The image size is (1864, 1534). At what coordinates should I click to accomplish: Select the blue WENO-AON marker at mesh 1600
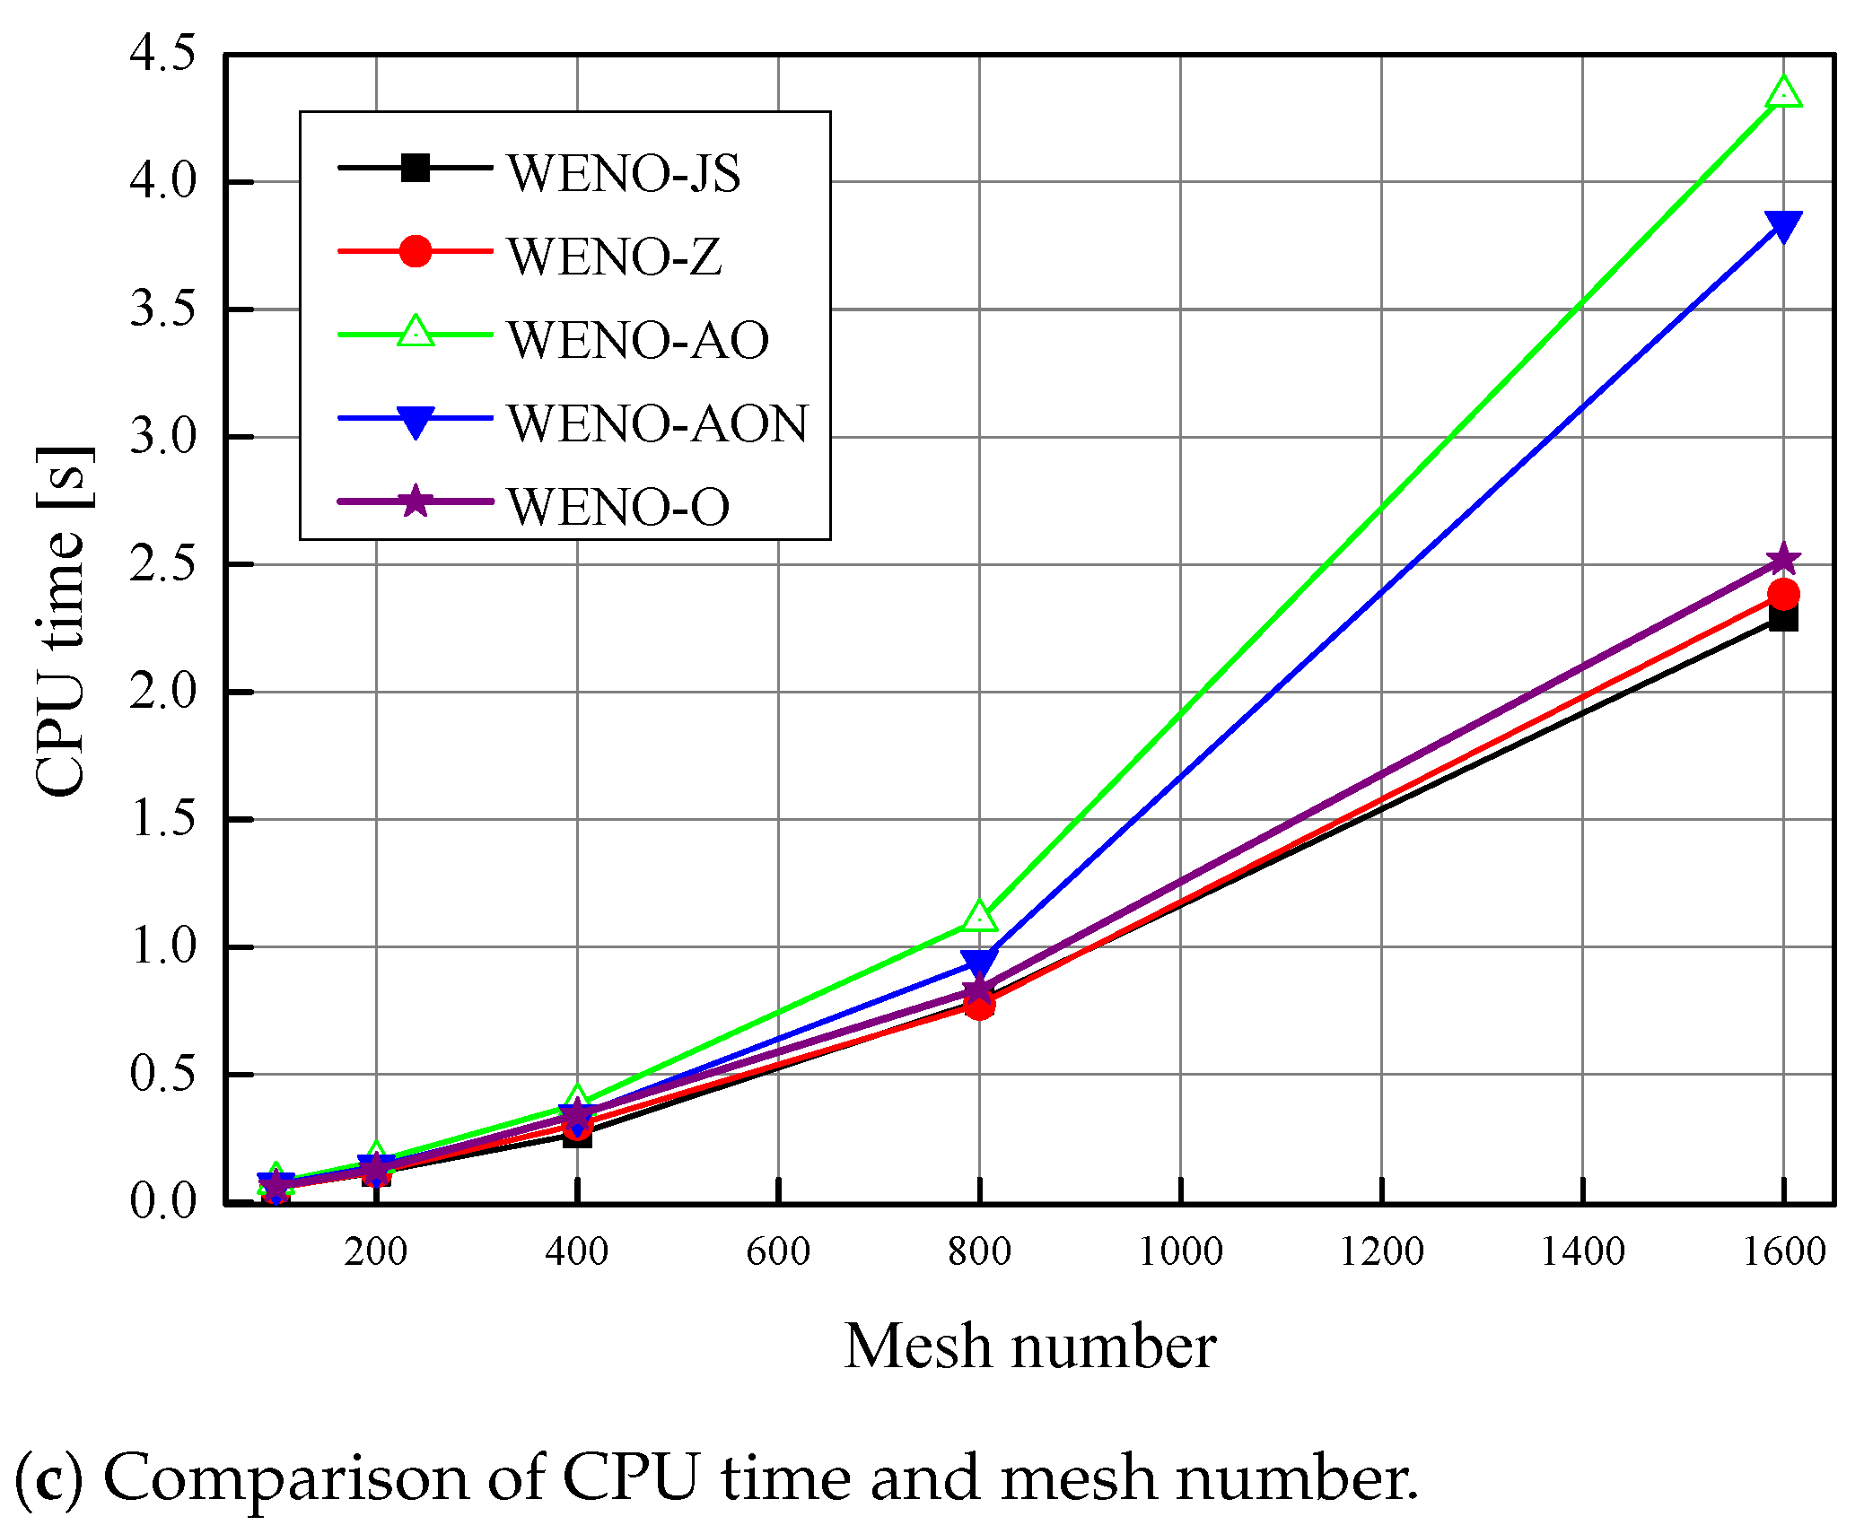point(1782,225)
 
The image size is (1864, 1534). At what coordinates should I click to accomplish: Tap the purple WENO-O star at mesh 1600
point(1782,560)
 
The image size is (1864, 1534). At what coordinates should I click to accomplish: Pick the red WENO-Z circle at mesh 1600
point(1782,593)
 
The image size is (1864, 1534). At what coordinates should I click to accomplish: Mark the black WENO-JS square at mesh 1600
point(1782,618)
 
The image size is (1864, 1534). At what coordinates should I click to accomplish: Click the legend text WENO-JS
point(624,173)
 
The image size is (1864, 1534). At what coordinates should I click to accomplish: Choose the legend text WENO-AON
point(658,423)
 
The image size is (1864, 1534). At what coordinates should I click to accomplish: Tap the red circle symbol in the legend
point(415,251)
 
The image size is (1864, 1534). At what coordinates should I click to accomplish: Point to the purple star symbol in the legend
point(415,501)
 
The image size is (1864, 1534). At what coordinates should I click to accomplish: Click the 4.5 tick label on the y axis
point(162,54)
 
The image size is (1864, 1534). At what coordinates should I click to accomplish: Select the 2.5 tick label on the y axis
point(162,564)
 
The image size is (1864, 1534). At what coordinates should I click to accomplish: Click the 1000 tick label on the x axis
point(1180,1251)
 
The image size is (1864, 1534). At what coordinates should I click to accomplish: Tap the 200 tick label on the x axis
point(375,1251)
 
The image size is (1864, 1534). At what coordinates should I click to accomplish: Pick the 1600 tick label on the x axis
point(1783,1251)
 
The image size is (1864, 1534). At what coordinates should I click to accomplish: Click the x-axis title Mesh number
point(1029,1347)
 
